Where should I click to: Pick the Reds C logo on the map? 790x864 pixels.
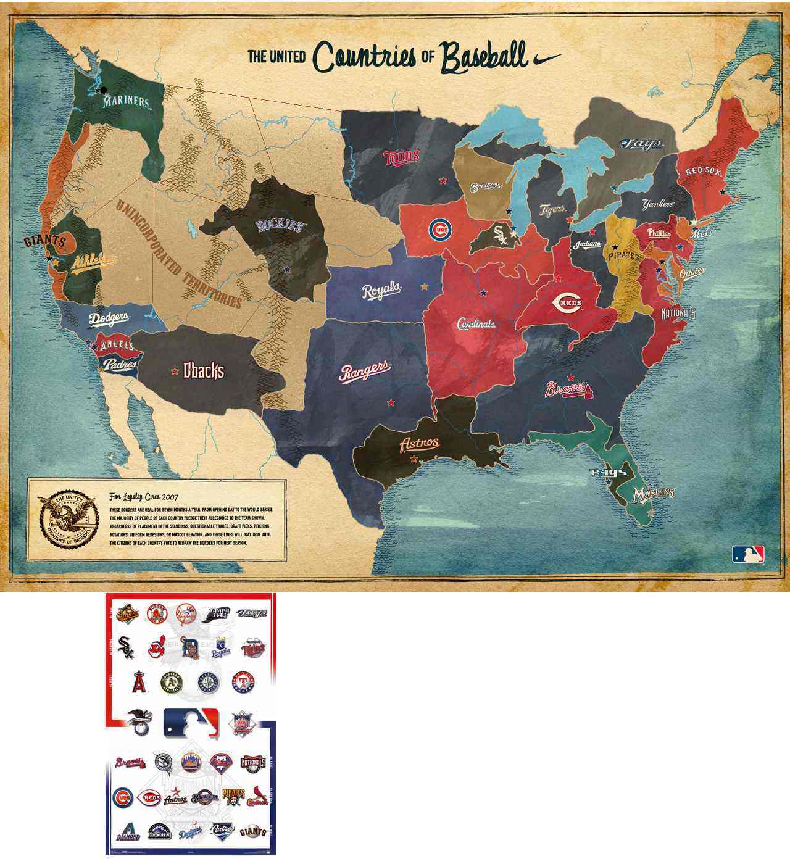[570, 302]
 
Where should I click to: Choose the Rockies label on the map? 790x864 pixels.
[281, 226]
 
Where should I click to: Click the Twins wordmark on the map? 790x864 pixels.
[402, 158]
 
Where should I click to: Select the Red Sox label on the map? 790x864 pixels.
[704, 171]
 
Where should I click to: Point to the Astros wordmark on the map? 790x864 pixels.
[420, 443]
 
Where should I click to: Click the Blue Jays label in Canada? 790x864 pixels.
[642, 144]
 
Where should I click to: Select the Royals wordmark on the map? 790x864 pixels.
[381, 291]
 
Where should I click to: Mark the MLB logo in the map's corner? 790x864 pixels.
[748, 554]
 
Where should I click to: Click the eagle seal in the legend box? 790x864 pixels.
[65, 520]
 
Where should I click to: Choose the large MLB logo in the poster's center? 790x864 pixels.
[191, 722]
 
